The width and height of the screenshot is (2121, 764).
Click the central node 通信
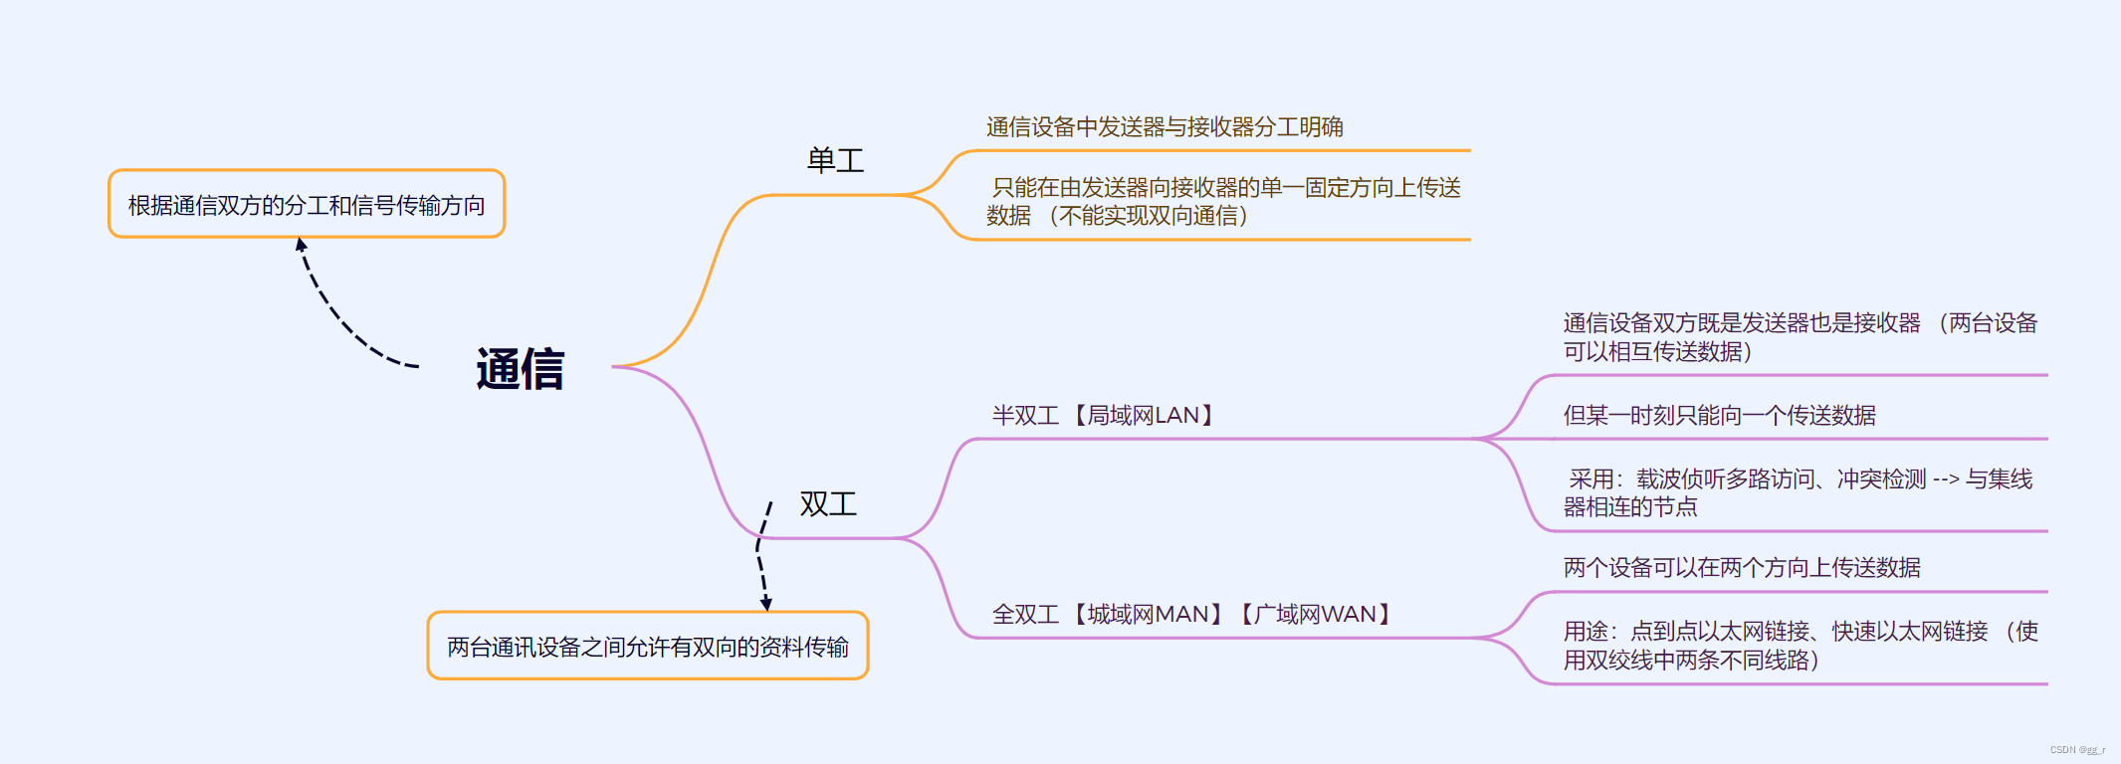tap(520, 369)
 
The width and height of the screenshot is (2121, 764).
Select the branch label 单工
tap(835, 160)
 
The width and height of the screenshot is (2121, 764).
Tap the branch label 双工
tap(827, 503)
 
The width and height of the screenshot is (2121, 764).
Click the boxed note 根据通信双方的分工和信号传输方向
tap(307, 205)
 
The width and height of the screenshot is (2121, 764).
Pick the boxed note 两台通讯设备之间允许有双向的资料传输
tap(647, 647)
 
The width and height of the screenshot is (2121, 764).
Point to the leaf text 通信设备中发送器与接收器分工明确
tap(1164, 127)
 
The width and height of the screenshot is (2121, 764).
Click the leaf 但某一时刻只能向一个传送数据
tap(1719, 416)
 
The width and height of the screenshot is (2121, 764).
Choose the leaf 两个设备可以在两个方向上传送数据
tap(1741, 568)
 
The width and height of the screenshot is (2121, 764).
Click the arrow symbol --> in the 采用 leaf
tap(1945, 479)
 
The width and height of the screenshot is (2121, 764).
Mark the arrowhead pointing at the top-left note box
tap(301, 245)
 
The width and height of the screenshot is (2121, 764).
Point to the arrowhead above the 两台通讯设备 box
tap(765, 603)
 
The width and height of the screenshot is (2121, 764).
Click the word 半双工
tap(1025, 416)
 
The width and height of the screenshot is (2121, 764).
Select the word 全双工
tap(1025, 615)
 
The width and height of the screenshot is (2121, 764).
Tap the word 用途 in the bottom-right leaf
tap(1586, 632)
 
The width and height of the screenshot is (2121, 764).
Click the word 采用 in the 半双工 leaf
tap(1591, 479)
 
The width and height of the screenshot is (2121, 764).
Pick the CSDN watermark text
tap(2077, 750)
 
